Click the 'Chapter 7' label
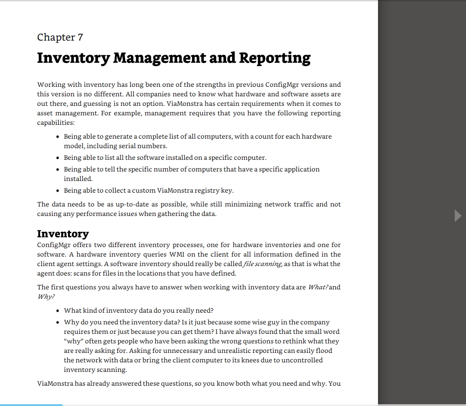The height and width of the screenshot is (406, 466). click(x=60, y=38)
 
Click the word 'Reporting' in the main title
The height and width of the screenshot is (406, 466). click(x=274, y=58)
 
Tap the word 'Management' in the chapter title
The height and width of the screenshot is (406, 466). click(x=159, y=58)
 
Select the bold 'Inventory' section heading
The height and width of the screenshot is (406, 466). click(x=63, y=234)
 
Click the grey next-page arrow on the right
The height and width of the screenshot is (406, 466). click(x=458, y=216)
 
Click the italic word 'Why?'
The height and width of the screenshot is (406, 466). click(x=46, y=297)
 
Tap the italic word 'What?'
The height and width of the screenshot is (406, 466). click(x=318, y=287)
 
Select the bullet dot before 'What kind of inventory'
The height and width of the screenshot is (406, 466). click(x=58, y=311)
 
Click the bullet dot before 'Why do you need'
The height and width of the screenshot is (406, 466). click(x=58, y=323)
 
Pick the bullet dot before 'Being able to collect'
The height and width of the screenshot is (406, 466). click(x=58, y=191)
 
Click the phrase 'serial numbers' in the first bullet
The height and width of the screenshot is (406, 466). click(x=145, y=146)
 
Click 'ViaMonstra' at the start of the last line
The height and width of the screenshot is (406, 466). click(x=55, y=384)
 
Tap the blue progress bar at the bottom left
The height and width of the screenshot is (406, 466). click(x=31, y=405)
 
